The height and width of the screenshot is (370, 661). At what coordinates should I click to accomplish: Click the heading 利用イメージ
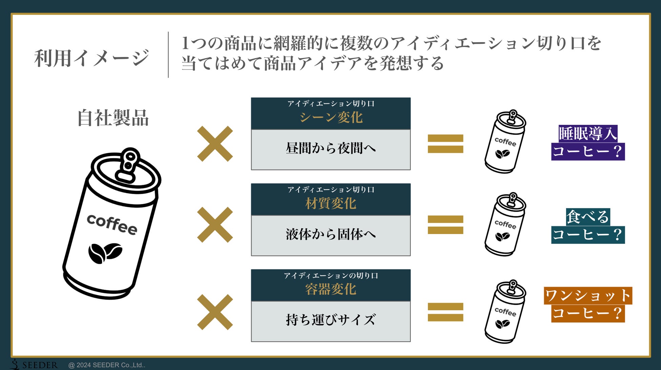pyautogui.click(x=92, y=58)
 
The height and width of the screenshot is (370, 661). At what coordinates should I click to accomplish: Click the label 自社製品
pyautogui.click(x=113, y=118)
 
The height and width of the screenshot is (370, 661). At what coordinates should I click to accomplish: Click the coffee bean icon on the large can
pyautogui.click(x=105, y=253)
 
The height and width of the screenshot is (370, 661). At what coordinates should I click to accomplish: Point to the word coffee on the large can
pyautogui.click(x=112, y=224)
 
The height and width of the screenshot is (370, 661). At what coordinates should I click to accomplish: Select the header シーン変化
pyautogui.click(x=330, y=117)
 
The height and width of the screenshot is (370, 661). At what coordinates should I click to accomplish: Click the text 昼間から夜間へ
pyautogui.click(x=330, y=149)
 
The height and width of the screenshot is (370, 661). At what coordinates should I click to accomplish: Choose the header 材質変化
pyautogui.click(x=330, y=203)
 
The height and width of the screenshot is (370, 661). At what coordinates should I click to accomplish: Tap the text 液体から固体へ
pyautogui.click(x=330, y=234)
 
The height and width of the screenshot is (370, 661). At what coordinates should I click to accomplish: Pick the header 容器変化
pyautogui.click(x=330, y=289)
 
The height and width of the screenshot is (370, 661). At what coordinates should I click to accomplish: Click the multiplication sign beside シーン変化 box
pyautogui.click(x=215, y=144)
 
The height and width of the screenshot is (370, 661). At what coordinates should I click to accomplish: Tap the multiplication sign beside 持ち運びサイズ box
pyautogui.click(x=215, y=312)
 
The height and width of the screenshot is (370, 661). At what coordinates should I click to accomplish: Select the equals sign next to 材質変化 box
pyautogui.click(x=445, y=225)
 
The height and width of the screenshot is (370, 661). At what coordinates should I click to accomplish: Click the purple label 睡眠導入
pyautogui.click(x=588, y=134)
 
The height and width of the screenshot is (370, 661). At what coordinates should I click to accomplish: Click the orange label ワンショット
pyautogui.click(x=588, y=295)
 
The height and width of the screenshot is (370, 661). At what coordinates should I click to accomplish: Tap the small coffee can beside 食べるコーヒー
pyautogui.click(x=505, y=224)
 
